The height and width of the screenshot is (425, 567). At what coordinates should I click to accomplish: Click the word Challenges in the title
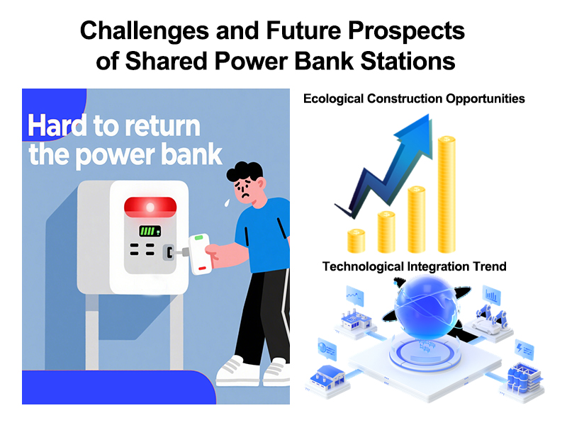tap(145, 31)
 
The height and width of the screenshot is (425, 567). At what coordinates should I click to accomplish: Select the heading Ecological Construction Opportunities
tap(414, 98)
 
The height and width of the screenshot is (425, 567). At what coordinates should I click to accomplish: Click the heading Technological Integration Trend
tap(414, 267)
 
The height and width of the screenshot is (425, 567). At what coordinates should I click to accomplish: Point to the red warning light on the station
tap(150, 208)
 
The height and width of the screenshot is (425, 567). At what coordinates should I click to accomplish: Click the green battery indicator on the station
tap(150, 231)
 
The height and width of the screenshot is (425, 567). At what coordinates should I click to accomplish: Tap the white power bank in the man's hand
tap(200, 254)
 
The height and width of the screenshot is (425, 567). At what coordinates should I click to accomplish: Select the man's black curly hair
tap(245, 171)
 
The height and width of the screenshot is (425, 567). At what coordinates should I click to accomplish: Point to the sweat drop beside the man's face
tap(227, 203)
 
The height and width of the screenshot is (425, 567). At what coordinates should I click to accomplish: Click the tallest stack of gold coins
tap(447, 194)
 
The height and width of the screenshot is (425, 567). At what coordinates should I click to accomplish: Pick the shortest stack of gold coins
tap(357, 241)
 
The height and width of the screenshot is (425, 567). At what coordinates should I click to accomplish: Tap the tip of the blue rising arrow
tap(429, 115)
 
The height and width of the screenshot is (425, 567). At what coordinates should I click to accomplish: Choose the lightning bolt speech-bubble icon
tap(524, 349)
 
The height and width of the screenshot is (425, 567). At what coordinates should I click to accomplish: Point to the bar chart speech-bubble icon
tap(491, 295)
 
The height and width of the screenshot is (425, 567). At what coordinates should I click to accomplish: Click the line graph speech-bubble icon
tap(354, 295)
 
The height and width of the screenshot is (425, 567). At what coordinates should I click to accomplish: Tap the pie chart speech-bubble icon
tap(327, 348)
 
